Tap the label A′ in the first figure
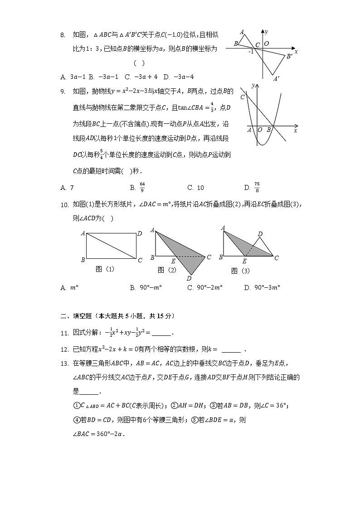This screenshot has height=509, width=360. [276, 78]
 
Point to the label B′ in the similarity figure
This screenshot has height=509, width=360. [289, 56]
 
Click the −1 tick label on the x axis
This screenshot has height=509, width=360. [250, 51]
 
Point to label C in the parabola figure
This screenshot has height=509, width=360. [243, 97]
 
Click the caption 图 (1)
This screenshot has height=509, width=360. [105, 269]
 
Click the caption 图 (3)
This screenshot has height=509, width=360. [240, 271]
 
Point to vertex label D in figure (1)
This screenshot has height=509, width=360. [140, 233]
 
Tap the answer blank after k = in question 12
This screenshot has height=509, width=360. [231, 349]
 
